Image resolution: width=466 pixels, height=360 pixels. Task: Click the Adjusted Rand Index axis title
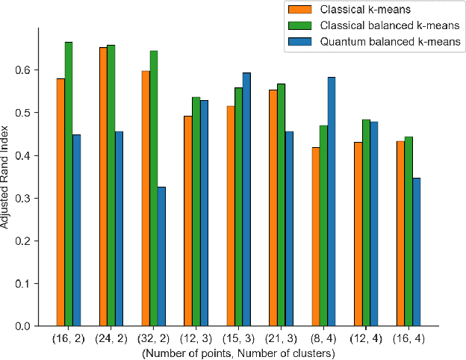click(x=7, y=178)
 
